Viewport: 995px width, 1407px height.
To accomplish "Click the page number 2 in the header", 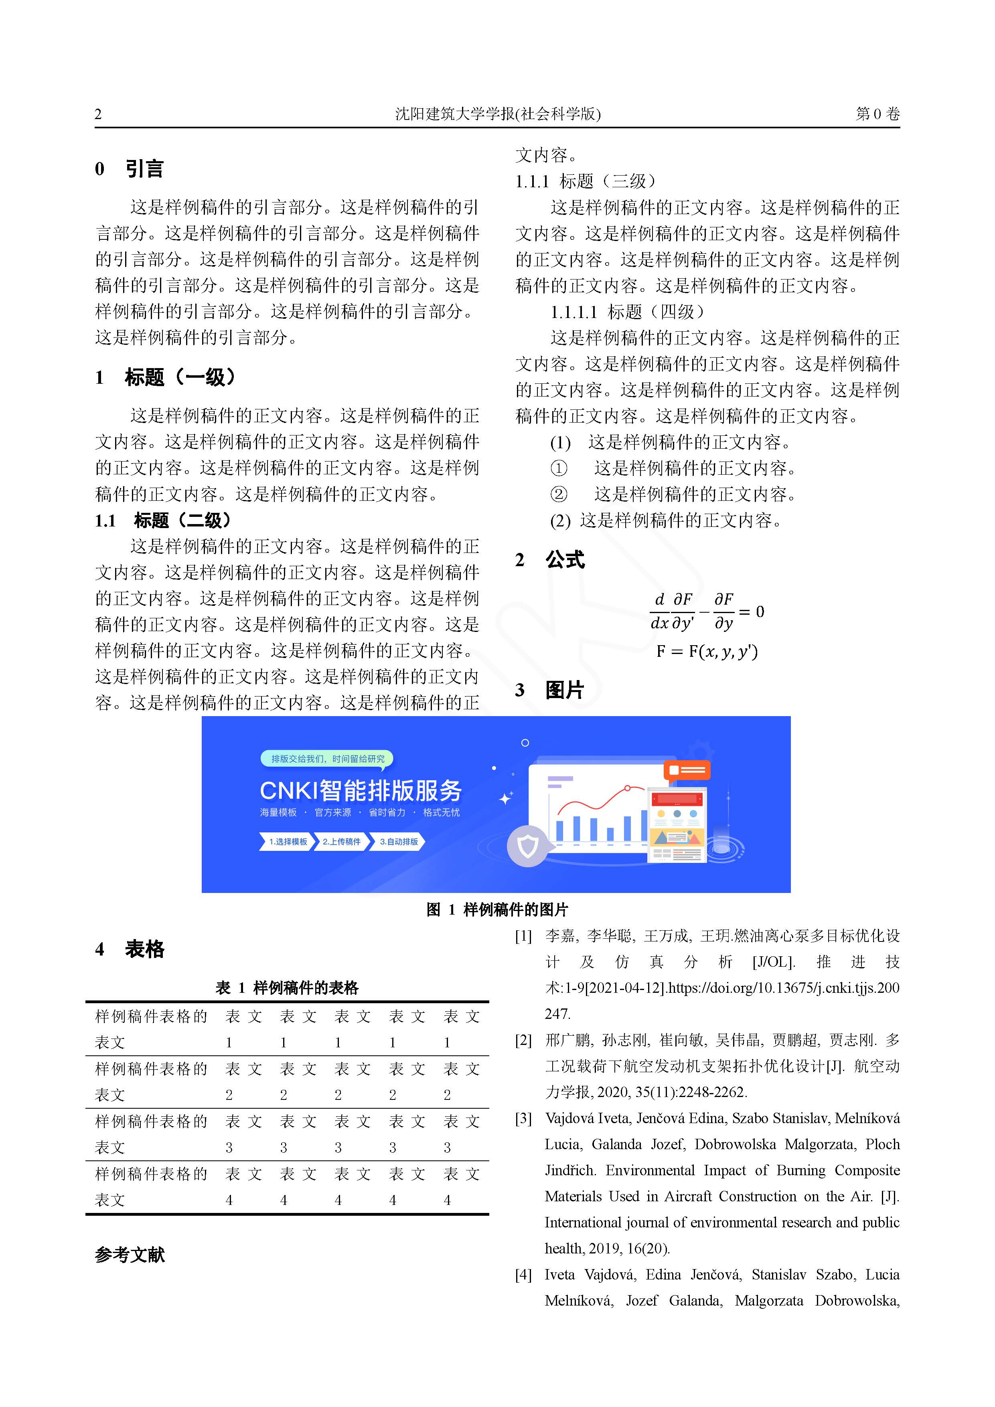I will coord(98,114).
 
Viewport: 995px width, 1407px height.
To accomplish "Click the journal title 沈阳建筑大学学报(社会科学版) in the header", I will coord(497,114).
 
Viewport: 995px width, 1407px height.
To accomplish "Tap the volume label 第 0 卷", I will coord(877,114).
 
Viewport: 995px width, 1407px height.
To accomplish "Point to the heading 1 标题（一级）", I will coord(166,377).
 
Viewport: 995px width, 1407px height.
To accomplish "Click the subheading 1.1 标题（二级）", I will coord(164,521).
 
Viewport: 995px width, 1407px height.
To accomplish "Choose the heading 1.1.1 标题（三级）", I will coord(586,181).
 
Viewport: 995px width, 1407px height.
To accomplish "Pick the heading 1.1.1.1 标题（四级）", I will coord(628,312).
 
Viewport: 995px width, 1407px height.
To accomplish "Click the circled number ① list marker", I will coord(559,469).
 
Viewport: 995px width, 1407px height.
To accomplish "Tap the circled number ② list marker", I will coord(559,494).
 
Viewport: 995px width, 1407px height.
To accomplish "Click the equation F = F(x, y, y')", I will coord(707,652).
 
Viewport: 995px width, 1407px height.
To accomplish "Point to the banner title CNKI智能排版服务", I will coord(361,791).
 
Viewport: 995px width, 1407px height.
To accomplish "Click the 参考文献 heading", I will coord(130,1255).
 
